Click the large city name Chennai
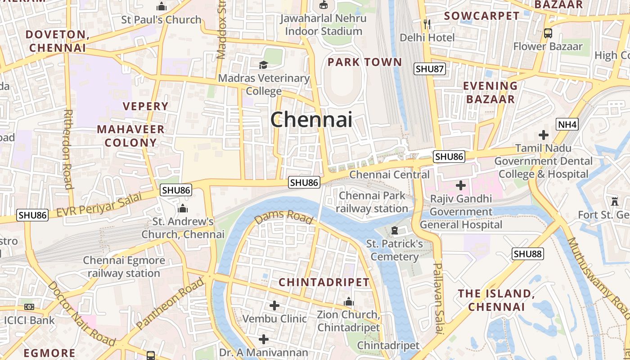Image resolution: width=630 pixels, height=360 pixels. pyautogui.click(x=311, y=120)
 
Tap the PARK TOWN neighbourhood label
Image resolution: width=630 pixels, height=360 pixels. pyautogui.click(x=364, y=62)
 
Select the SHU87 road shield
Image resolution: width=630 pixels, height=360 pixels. pyautogui.click(x=430, y=69)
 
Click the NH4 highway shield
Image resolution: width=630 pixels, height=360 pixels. pyautogui.click(x=567, y=124)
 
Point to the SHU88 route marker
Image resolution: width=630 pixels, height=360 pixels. pyautogui.click(x=528, y=254)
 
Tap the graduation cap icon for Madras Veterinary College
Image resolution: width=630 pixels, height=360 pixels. pyautogui.click(x=263, y=65)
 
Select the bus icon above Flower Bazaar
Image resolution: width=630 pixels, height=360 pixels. pyautogui.click(x=548, y=33)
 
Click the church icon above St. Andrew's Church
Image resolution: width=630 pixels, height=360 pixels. pyautogui.click(x=183, y=208)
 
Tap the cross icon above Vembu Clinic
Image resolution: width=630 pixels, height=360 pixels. pyautogui.click(x=274, y=306)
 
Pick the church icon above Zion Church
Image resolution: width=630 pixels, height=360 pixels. pyautogui.click(x=348, y=301)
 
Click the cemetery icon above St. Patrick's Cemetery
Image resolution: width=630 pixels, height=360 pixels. pyautogui.click(x=395, y=231)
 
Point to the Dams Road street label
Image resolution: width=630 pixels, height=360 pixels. pyautogui.click(x=283, y=217)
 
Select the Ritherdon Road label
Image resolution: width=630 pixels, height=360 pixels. pyautogui.click(x=67, y=148)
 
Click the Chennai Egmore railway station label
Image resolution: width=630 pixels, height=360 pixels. pyautogui.click(x=124, y=267)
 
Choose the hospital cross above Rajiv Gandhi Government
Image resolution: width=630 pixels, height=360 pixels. pyautogui.click(x=460, y=185)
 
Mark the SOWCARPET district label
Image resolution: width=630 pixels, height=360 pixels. pyautogui.click(x=481, y=16)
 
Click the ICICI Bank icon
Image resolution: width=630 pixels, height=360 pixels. pyautogui.click(x=29, y=307)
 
